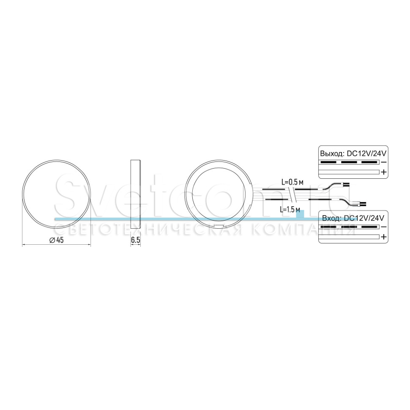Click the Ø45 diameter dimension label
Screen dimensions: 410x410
tap(57, 240)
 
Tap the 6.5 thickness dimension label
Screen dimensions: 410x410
tap(135, 240)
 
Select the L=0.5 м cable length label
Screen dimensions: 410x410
tap(292, 182)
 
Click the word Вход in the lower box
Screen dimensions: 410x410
tap(331, 218)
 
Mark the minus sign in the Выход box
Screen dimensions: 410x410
tap(384, 162)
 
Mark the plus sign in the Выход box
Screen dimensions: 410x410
tap(384, 172)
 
